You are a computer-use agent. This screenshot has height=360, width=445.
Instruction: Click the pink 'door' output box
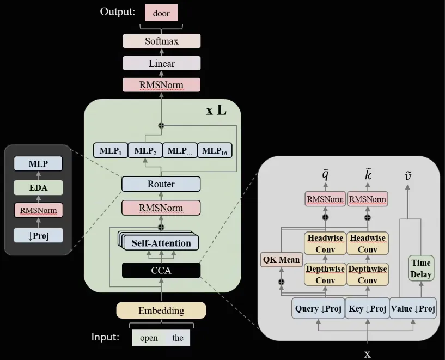[x=161, y=13]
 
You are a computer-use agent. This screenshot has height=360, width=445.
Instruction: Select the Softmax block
[x=161, y=41]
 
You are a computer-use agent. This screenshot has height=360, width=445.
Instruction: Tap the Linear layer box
[x=161, y=63]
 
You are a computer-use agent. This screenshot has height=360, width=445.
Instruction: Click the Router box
[x=161, y=184]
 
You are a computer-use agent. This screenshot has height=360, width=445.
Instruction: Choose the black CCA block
[x=161, y=270]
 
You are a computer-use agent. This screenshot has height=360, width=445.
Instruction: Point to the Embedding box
[x=161, y=310]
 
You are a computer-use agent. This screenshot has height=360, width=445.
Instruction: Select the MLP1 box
[x=111, y=150]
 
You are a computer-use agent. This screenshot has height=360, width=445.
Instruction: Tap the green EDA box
[x=39, y=188]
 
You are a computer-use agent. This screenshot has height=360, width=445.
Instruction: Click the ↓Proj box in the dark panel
[x=39, y=235]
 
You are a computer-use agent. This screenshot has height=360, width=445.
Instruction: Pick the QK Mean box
[x=281, y=259]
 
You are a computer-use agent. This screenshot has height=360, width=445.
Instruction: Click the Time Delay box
[x=420, y=269]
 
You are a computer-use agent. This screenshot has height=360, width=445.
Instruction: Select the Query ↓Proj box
[x=318, y=309]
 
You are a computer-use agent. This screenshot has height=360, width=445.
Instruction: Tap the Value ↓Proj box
[x=413, y=309]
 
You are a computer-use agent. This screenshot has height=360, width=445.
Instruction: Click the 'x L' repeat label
[x=216, y=111]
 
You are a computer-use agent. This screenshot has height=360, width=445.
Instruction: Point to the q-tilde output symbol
[x=325, y=174]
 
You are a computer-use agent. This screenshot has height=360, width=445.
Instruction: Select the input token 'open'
[x=149, y=338]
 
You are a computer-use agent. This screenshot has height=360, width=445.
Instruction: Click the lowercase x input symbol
[x=368, y=353]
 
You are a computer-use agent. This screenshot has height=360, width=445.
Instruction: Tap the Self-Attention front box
[x=161, y=243]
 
